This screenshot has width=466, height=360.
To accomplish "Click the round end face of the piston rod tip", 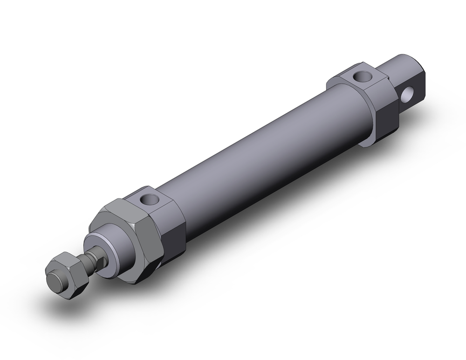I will pos(56,282).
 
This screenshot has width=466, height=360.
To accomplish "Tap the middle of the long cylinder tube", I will pos(261,154).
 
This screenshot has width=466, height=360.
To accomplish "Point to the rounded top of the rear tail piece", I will pos(405,63).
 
